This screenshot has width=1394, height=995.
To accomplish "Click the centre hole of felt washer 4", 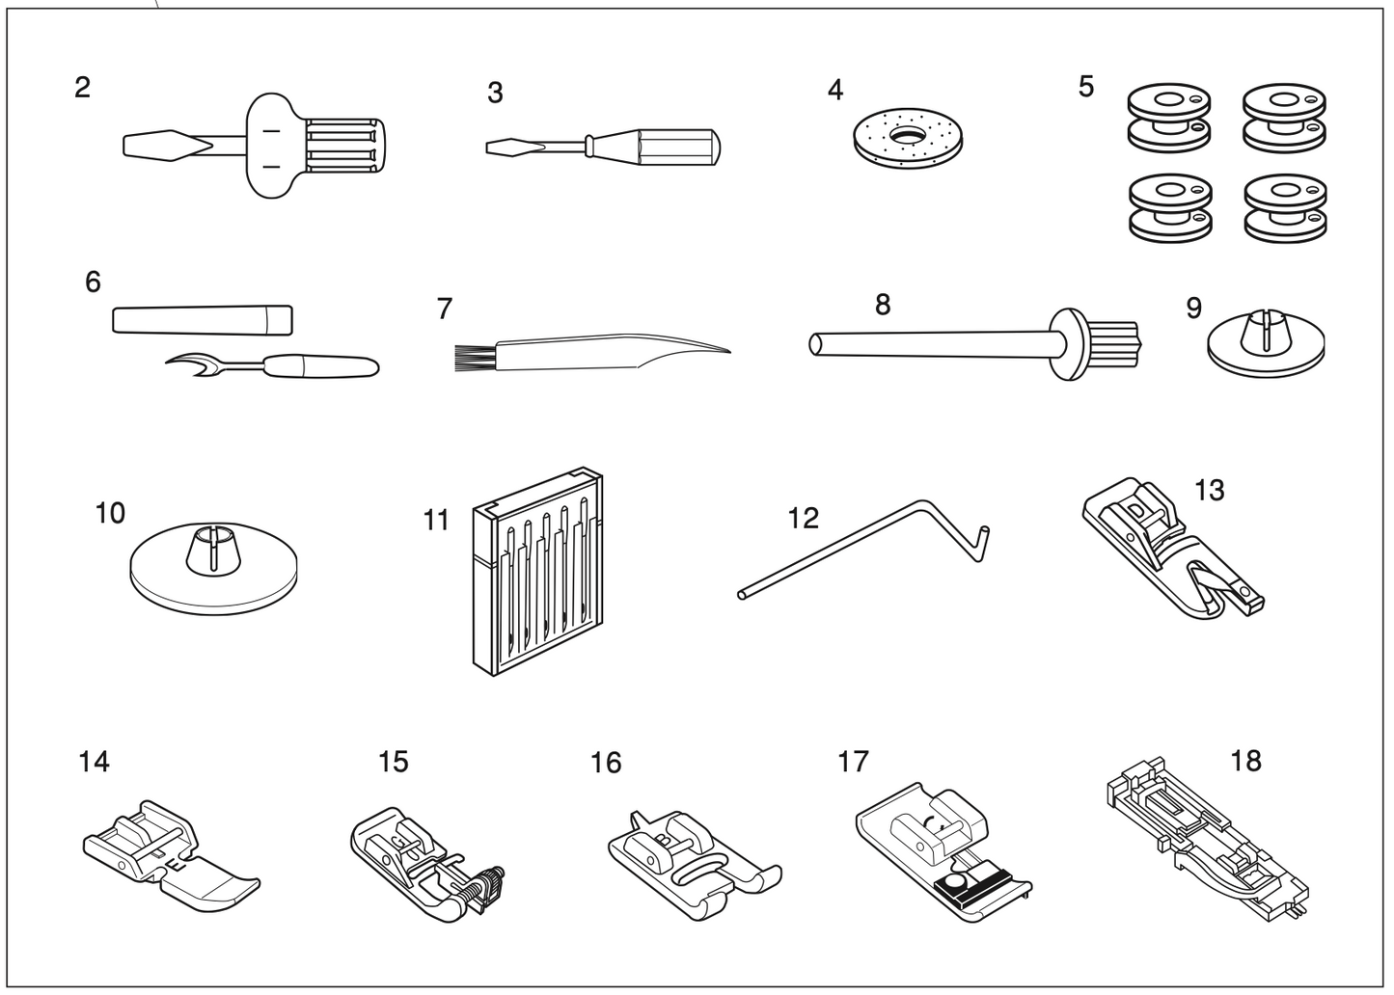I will coord(906,135).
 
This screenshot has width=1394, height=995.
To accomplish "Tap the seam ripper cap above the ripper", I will coord(202,318).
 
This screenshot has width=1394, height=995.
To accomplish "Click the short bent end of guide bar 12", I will coord(981,542).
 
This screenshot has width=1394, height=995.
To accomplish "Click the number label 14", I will coord(94,762).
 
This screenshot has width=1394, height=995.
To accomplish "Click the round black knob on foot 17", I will coord(956,881).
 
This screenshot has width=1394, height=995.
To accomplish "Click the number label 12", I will coord(803,518).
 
